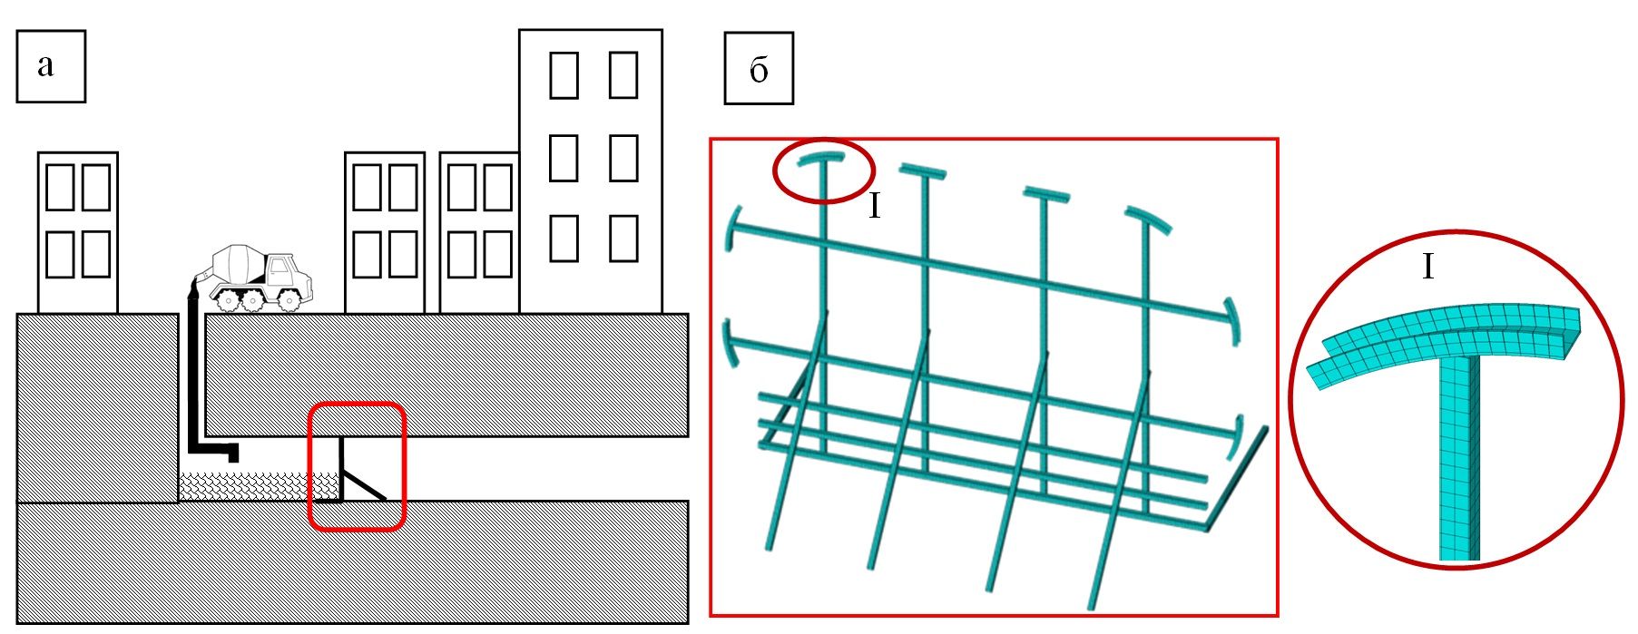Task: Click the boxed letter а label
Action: (x=51, y=65)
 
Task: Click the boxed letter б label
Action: (x=759, y=68)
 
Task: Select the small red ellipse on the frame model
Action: (x=823, y=170)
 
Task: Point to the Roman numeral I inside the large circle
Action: (x=1427, y=267)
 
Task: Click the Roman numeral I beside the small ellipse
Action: (x=874, y=207)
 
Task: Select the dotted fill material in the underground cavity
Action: (x=245, y=486)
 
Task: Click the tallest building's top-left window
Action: (x=564, y=75)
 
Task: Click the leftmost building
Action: (x=78, y=232)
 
